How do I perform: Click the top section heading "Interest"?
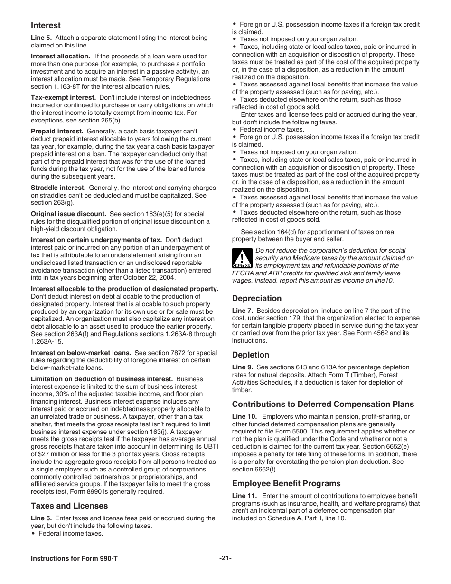coord(46,25)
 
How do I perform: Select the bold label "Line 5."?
coord(41,38)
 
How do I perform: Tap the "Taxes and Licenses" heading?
coord(69,506)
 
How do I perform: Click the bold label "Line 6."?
coord(41,518)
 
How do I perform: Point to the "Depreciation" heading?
coord(256,298)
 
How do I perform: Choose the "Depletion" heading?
coord(250,355)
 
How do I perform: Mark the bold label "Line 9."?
coord(242,367)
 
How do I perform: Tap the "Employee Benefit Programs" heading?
coord(286,483)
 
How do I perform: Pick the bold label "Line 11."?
coord(244,496)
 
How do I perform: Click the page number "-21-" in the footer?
coord(225,558)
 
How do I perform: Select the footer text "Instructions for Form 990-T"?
coord(74,559)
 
